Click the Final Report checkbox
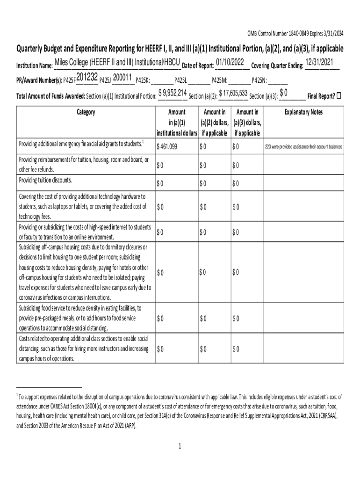pos(339,96)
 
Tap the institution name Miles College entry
pos(117,63)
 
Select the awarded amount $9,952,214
pos(173,93)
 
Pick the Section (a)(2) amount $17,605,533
pos(233,93)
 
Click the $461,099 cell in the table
pos(167,147)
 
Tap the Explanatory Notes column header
pos(304,112)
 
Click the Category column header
pos(85,112)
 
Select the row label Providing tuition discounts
pos(45,181)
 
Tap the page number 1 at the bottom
pos(180,446)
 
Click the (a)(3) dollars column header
pos(248,123)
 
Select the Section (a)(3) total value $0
pos(283,93)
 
